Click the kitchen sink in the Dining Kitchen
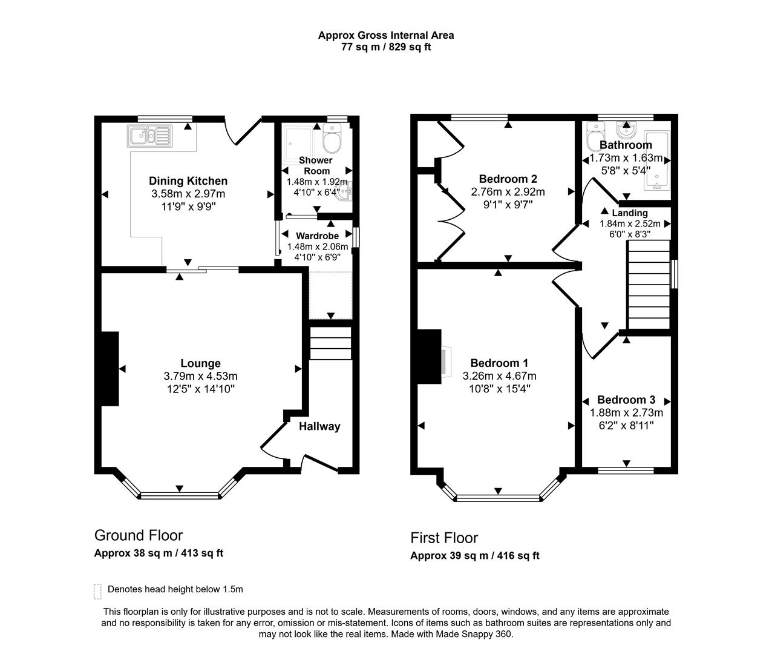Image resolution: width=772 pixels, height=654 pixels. click(x=150, y=136)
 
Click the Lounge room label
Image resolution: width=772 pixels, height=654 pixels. click(x=200, y=363)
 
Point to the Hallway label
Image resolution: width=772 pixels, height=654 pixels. click(x=319, y=426)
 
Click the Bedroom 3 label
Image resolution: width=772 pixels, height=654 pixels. click(x=626, y=400)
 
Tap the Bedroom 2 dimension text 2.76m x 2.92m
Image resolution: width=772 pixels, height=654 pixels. click(x=508, y=192)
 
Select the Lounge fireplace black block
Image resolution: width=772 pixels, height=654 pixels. click(x=110, y=368)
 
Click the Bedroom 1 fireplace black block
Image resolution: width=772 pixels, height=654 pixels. click(x=429, y=357)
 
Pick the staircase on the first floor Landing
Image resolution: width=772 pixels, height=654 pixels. click(x=649, y=284)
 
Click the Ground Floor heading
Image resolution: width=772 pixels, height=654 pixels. click(x=139, y=535)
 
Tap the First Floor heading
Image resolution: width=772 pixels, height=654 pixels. click(x=444, y=538)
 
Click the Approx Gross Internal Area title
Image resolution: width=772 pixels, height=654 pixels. click(x=386, y=35)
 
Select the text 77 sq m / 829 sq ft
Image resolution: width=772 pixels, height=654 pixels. click(x=386, y=47)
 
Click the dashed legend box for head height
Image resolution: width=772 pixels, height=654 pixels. click(x=97, y=590)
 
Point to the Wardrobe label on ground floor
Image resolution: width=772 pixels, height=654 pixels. click(x=317, y=236)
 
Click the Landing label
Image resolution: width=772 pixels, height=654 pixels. click(x=629, y=213)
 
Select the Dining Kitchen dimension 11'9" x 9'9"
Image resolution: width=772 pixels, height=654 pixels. click(x=188, y=206)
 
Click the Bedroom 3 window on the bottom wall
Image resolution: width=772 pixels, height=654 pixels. click(x=626, y=470)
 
